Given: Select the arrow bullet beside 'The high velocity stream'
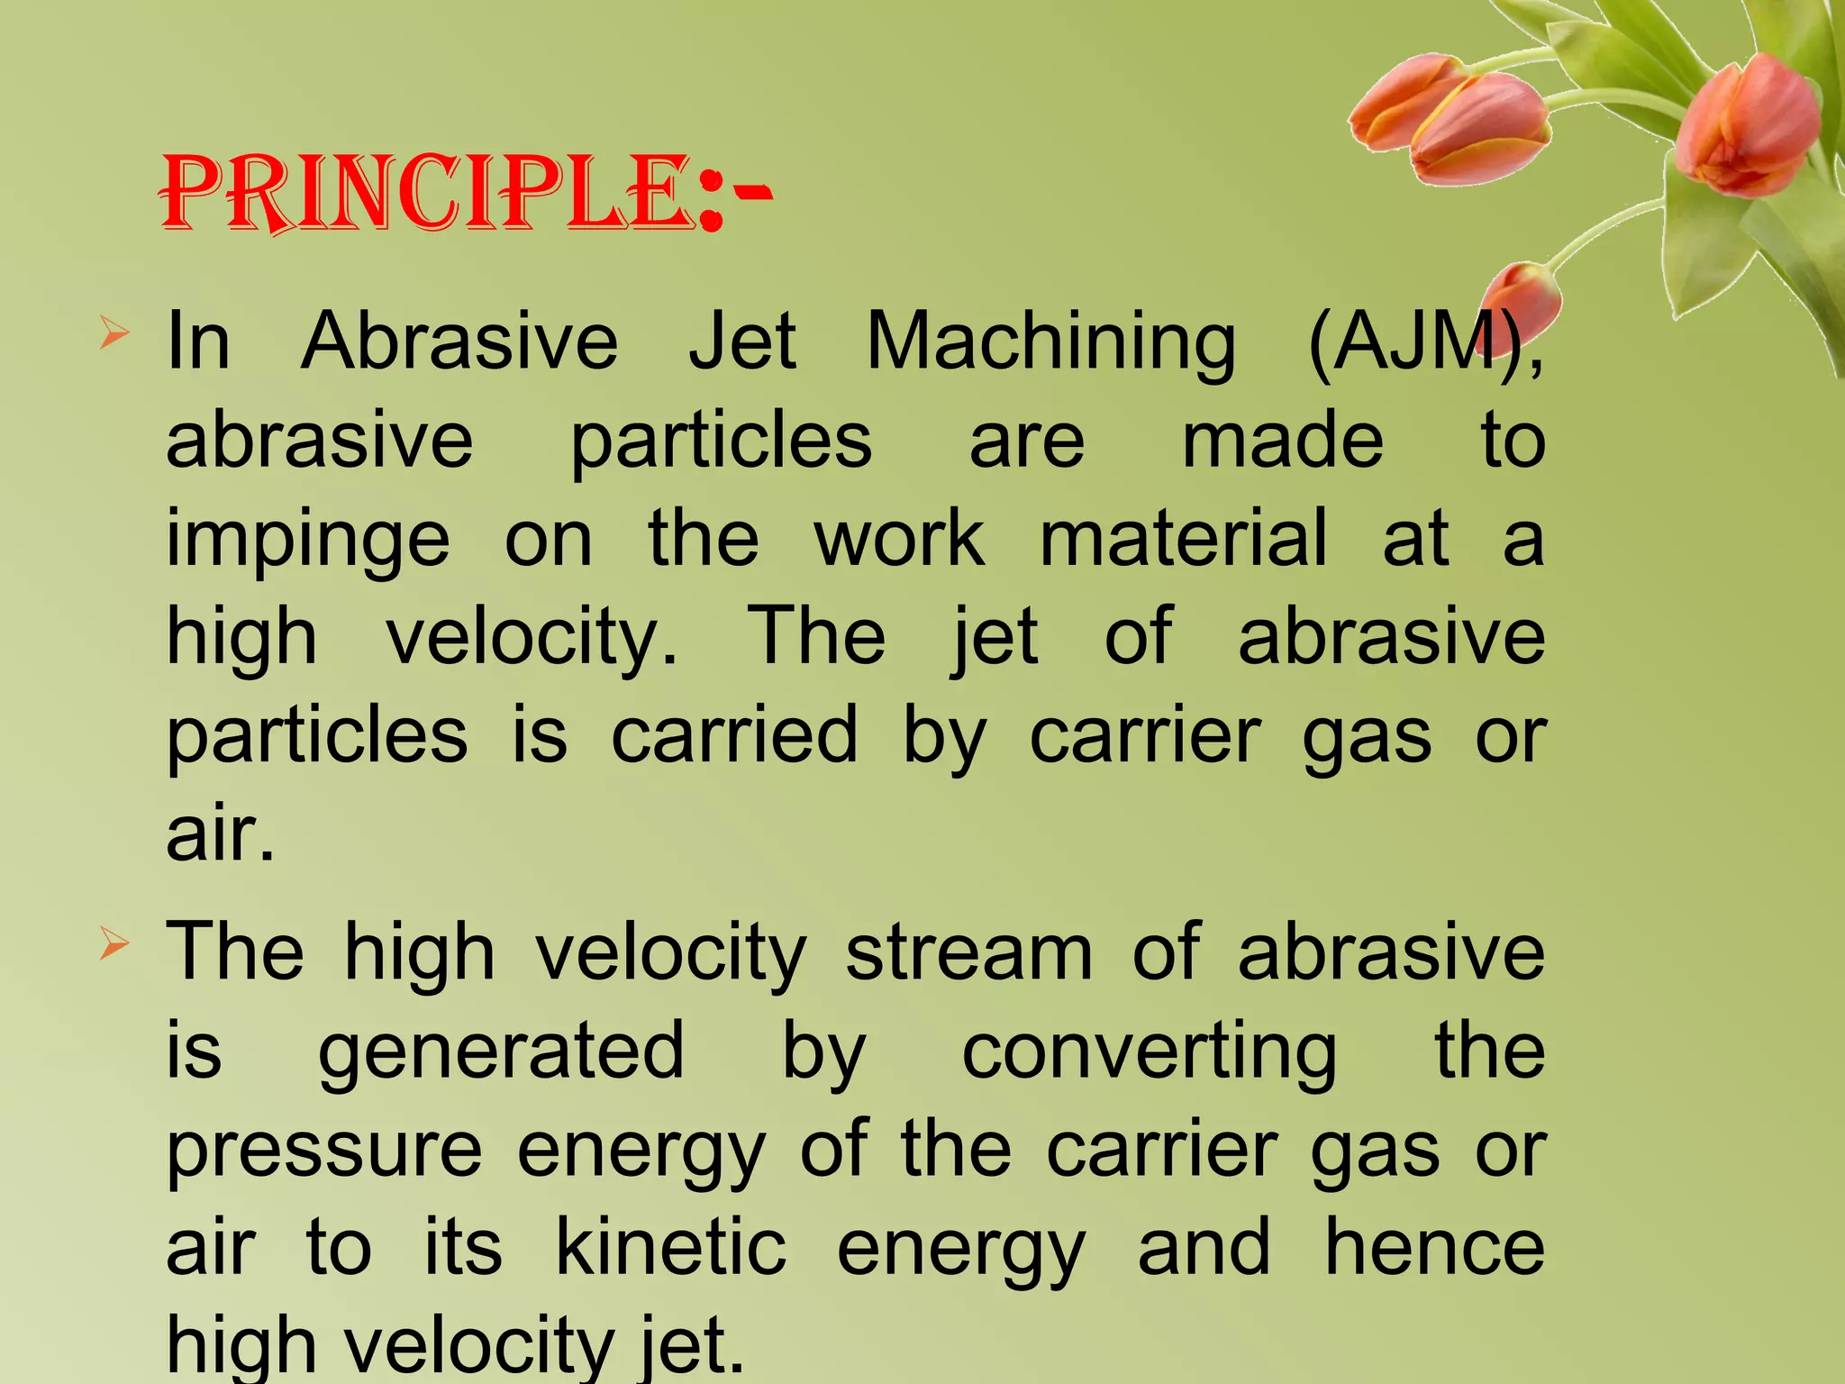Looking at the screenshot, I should coord(114,944).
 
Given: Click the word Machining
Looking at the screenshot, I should coord(1050,343).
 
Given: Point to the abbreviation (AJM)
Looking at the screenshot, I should coord(1423,343).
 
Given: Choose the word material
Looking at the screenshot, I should coord(1184,539).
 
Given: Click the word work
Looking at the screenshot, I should coord(900,539).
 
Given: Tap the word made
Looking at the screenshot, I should coord(1282,441).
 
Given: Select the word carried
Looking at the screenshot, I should coord(734,735).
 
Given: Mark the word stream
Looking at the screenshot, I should coord(968,953).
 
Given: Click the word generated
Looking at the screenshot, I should coord(501,1052).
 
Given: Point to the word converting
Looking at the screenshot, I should coord(1150,1052).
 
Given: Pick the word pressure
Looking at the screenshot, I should coord(324,1151).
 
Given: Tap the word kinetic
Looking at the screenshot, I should coord(671,1248).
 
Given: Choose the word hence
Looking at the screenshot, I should coord(1435,1248).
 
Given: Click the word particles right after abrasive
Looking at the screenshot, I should coord(722,442).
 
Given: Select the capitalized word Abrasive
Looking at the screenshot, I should coord(459,341).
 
